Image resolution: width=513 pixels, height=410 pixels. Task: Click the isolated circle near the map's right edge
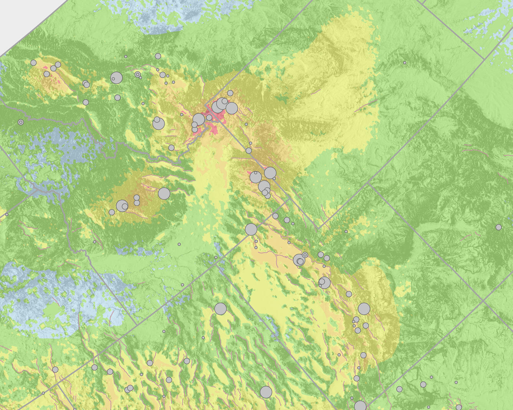[x=498, y=227]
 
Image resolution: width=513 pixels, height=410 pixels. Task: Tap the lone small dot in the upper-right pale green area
[x=405, y=63]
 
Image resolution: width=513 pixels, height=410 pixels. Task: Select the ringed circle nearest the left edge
[x=21, y=122]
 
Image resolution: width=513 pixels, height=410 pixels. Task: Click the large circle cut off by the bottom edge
[x=360, y=406]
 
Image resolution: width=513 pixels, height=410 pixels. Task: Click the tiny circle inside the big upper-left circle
[x=113, y=79]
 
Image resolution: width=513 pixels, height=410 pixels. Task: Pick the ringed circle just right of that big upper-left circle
[x=137, y=74]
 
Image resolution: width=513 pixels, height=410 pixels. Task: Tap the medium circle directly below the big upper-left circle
[x=117, y=97]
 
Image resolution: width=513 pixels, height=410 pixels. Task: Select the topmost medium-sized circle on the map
[x=158, y=56]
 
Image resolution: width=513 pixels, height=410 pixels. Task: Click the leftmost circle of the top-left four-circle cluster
[x=33, y=63]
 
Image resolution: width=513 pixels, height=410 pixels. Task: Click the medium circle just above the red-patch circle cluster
[x=230, y=93]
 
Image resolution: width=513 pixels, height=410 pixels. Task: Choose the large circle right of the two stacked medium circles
[x=164, y=193]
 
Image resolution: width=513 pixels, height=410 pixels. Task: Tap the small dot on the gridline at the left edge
[x=7, y=214]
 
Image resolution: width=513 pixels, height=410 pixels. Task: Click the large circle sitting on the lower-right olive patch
[x=364, y=309]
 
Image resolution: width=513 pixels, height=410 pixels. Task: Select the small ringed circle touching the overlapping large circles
[x=305, y=255]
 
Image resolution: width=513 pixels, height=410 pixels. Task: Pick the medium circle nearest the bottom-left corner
[x=55, y=369]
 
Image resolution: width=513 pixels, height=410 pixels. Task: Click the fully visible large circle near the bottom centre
[x=266, y=392]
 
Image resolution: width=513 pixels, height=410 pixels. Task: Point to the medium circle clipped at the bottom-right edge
[x=459, y=407]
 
